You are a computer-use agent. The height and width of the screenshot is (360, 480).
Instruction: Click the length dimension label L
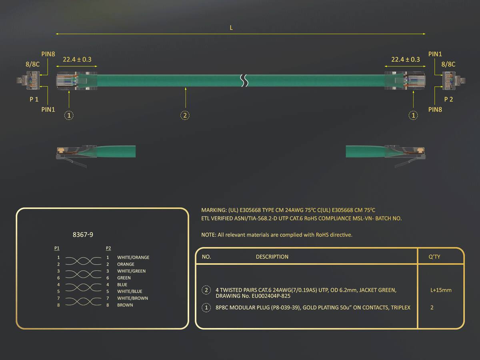pyautogui.click(x=231, y=28)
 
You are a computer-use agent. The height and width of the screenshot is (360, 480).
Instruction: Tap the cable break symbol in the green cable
pyautogui.click(x=244, y=80)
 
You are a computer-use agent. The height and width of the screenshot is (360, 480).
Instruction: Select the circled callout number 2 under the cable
pyautogui.click(x=185, y=115)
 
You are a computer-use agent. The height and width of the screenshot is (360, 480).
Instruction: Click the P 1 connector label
pyautogui.click(x=34, y=100)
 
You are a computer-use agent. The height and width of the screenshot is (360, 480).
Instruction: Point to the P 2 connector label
pyautogui.click(x=448, y=100)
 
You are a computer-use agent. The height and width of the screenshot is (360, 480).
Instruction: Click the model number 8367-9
pyautogui.click(x=83, y=235)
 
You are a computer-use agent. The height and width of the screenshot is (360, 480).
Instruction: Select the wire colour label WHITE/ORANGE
pyautogui.click(x=133, y=258)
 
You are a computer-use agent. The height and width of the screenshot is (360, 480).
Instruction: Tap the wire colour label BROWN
pyautogui.click(x=125, y=305)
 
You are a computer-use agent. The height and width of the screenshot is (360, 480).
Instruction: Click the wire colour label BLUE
pyautogui.click(x=122, y=284)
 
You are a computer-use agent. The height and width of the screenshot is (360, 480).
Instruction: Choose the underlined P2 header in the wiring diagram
pyautogui.click(x=108, y=248)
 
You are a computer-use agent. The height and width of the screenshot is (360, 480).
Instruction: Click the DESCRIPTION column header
pyautogui.click(x=272, y=257)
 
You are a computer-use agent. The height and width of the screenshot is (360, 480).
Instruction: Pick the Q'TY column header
pyautogui.click(x=434, y=257)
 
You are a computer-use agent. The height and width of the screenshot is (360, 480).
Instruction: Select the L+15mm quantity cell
pyautogui.click(x=441, y=290)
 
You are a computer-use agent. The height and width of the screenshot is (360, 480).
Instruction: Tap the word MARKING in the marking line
pyautogui.click(x=214, y=210)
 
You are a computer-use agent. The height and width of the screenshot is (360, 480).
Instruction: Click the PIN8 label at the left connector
pyautogui.click(x=48, y=54)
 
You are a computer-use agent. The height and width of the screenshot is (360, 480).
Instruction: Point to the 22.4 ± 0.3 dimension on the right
pyautogui.click(x=406, y=60)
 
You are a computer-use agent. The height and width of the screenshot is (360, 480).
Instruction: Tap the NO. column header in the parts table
pyautogui.click(x=206, y=257)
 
